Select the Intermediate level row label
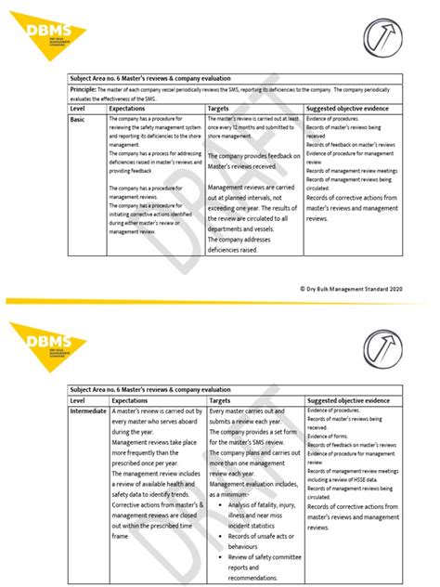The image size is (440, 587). click(x=89, y=409)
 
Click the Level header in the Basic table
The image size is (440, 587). click(x=78, y=109)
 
